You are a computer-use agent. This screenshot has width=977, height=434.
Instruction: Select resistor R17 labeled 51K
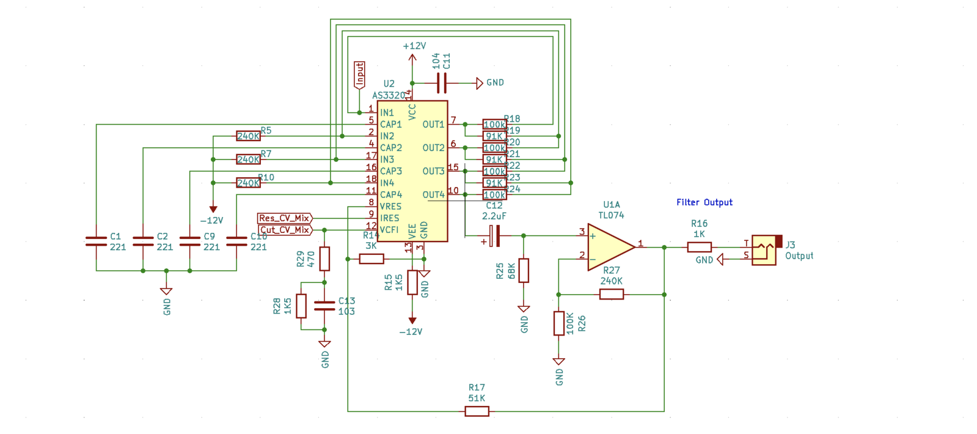tap(477, 411)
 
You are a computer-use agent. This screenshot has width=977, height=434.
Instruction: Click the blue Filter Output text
tap(704, 202)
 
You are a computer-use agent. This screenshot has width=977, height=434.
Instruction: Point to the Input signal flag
tap(360, 75)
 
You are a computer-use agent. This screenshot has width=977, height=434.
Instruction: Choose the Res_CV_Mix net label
tap(285, 218)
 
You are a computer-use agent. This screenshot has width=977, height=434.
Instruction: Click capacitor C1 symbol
tap(97, 241)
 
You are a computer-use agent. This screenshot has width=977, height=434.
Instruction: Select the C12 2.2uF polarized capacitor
tap(496, 235)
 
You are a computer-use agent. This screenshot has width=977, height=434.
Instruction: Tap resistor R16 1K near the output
tap(699, 247)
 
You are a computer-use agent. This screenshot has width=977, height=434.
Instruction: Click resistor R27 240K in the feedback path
tap(611, 294)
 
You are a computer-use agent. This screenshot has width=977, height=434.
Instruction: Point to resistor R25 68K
tap(524, 270)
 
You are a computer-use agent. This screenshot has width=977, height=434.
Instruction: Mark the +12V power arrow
tap(412, 57)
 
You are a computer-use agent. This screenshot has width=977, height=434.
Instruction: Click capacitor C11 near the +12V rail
tap(442, 83)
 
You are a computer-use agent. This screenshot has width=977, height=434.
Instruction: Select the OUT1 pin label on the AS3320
tap(433, 125)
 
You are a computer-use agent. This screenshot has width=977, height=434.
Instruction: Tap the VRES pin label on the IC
tap(390, 207)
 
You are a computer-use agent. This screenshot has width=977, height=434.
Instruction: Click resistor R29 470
tap(324, 259)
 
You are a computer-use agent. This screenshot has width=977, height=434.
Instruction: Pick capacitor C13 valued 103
tap(324, 306)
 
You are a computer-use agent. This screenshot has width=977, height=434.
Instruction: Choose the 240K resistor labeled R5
tap(248, 136)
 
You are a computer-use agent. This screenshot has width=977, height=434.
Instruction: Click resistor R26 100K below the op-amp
tap(558, 323)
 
